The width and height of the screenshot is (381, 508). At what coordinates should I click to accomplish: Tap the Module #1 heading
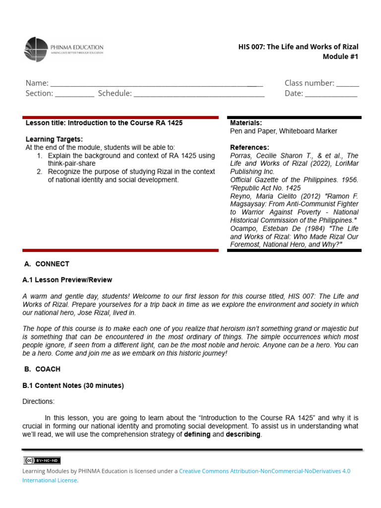point(340,57)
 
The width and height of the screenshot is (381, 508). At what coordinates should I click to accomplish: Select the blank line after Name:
point(156,84)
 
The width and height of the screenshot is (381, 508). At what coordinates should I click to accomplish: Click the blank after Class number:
point(348,84)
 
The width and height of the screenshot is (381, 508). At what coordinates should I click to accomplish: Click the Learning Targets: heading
point(54,139)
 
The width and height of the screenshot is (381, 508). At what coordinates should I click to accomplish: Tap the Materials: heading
point(246,123)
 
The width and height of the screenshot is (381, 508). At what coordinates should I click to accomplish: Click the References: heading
point(250,147)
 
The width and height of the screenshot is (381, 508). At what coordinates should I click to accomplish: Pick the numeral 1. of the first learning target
point(40,156)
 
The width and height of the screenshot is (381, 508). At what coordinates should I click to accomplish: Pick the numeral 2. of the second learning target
point(40,172)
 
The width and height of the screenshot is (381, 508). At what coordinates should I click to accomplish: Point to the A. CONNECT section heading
point(47,264)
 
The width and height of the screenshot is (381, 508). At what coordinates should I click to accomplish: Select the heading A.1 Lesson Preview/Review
point(67,280)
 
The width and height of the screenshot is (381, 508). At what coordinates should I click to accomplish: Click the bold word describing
point(243,435)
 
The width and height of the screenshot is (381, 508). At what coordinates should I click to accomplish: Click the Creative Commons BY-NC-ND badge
point(42,461)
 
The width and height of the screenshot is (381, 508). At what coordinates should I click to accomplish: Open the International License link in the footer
point(50,480)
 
